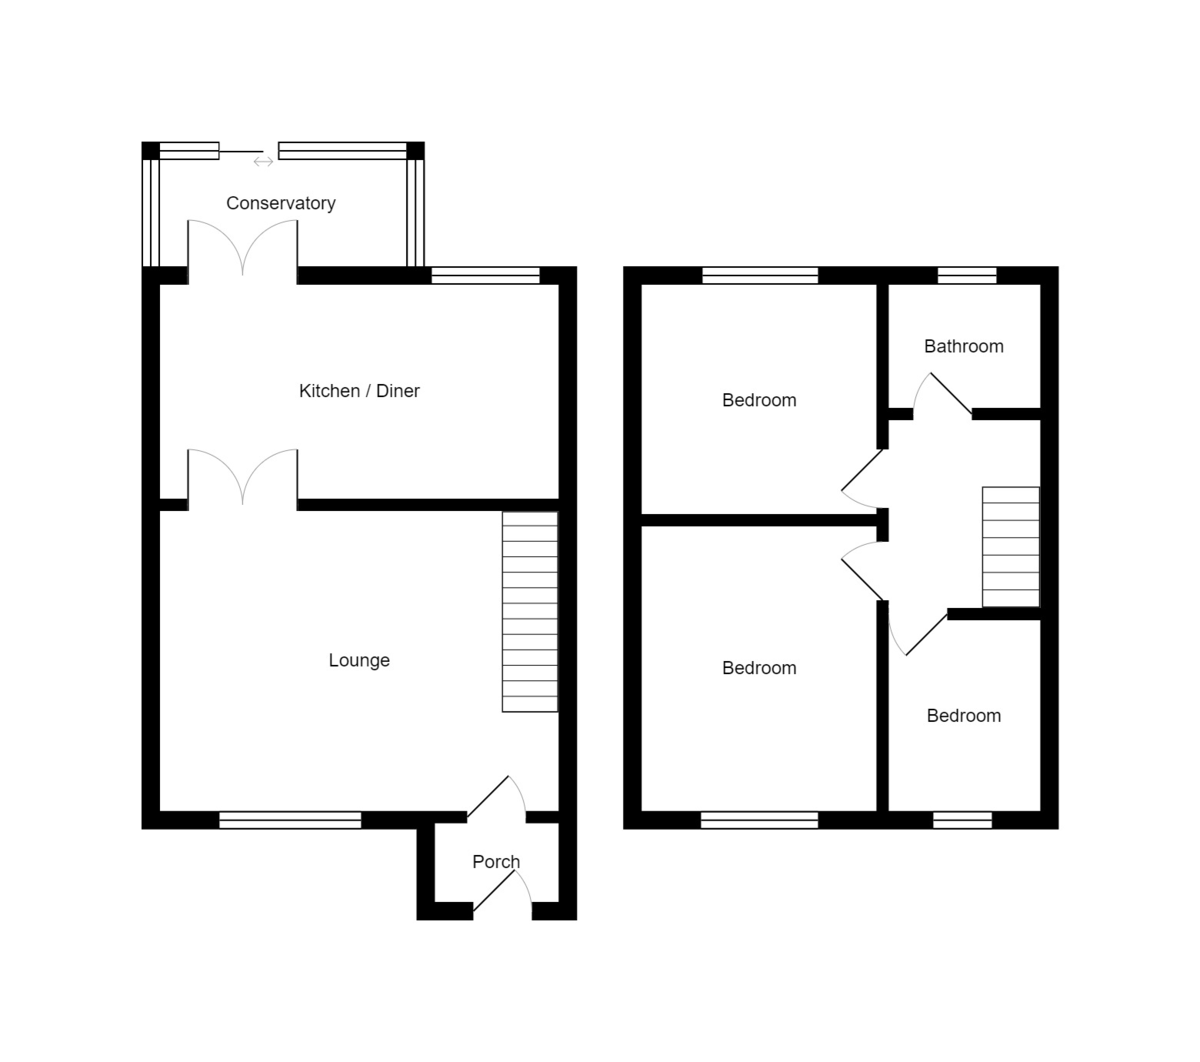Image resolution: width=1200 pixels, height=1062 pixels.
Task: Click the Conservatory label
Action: [x=280, y=203]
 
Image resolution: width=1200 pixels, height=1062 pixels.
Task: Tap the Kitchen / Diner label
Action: [x=359, y=391]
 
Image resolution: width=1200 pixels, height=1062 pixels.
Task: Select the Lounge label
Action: [x=359, y=660]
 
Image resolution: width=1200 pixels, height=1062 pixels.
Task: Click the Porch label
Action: [x=496, y=862]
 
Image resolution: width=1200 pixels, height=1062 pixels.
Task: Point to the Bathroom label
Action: [x=963, y=346]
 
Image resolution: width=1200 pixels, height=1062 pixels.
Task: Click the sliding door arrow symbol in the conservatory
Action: [x=263, y=161]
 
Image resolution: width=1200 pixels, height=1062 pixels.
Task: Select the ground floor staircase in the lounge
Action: [x=529, y=612]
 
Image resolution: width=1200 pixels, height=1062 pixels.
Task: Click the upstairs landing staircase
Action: [x=1010, y=547]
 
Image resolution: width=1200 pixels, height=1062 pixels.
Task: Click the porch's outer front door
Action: [x=503, y=892]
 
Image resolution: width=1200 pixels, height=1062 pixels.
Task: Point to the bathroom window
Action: [x=966, y=275]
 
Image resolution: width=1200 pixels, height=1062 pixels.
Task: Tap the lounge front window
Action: [x=290, y=820]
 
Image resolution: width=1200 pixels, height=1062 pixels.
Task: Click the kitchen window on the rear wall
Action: [x=485, y=275]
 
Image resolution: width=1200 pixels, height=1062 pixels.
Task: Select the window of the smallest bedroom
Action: [x=962, y=820]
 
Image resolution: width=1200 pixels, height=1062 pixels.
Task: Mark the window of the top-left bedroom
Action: [x=760, y=275]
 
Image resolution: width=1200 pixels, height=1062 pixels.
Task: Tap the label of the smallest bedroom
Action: [x=963, y=715]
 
